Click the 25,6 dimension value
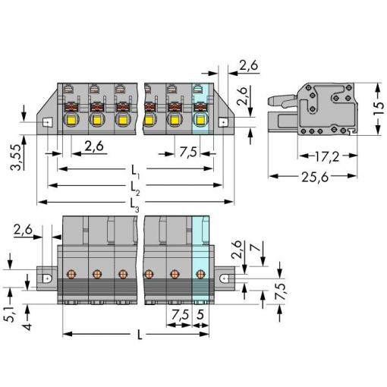tap(315, 177)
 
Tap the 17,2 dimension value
tap(327, 156)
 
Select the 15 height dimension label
tap(379, 109)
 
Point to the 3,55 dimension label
tap(17, 157)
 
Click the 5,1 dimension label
tap(11, 313)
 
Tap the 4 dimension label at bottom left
tap(27, 326)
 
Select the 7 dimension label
tap(257, 247)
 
